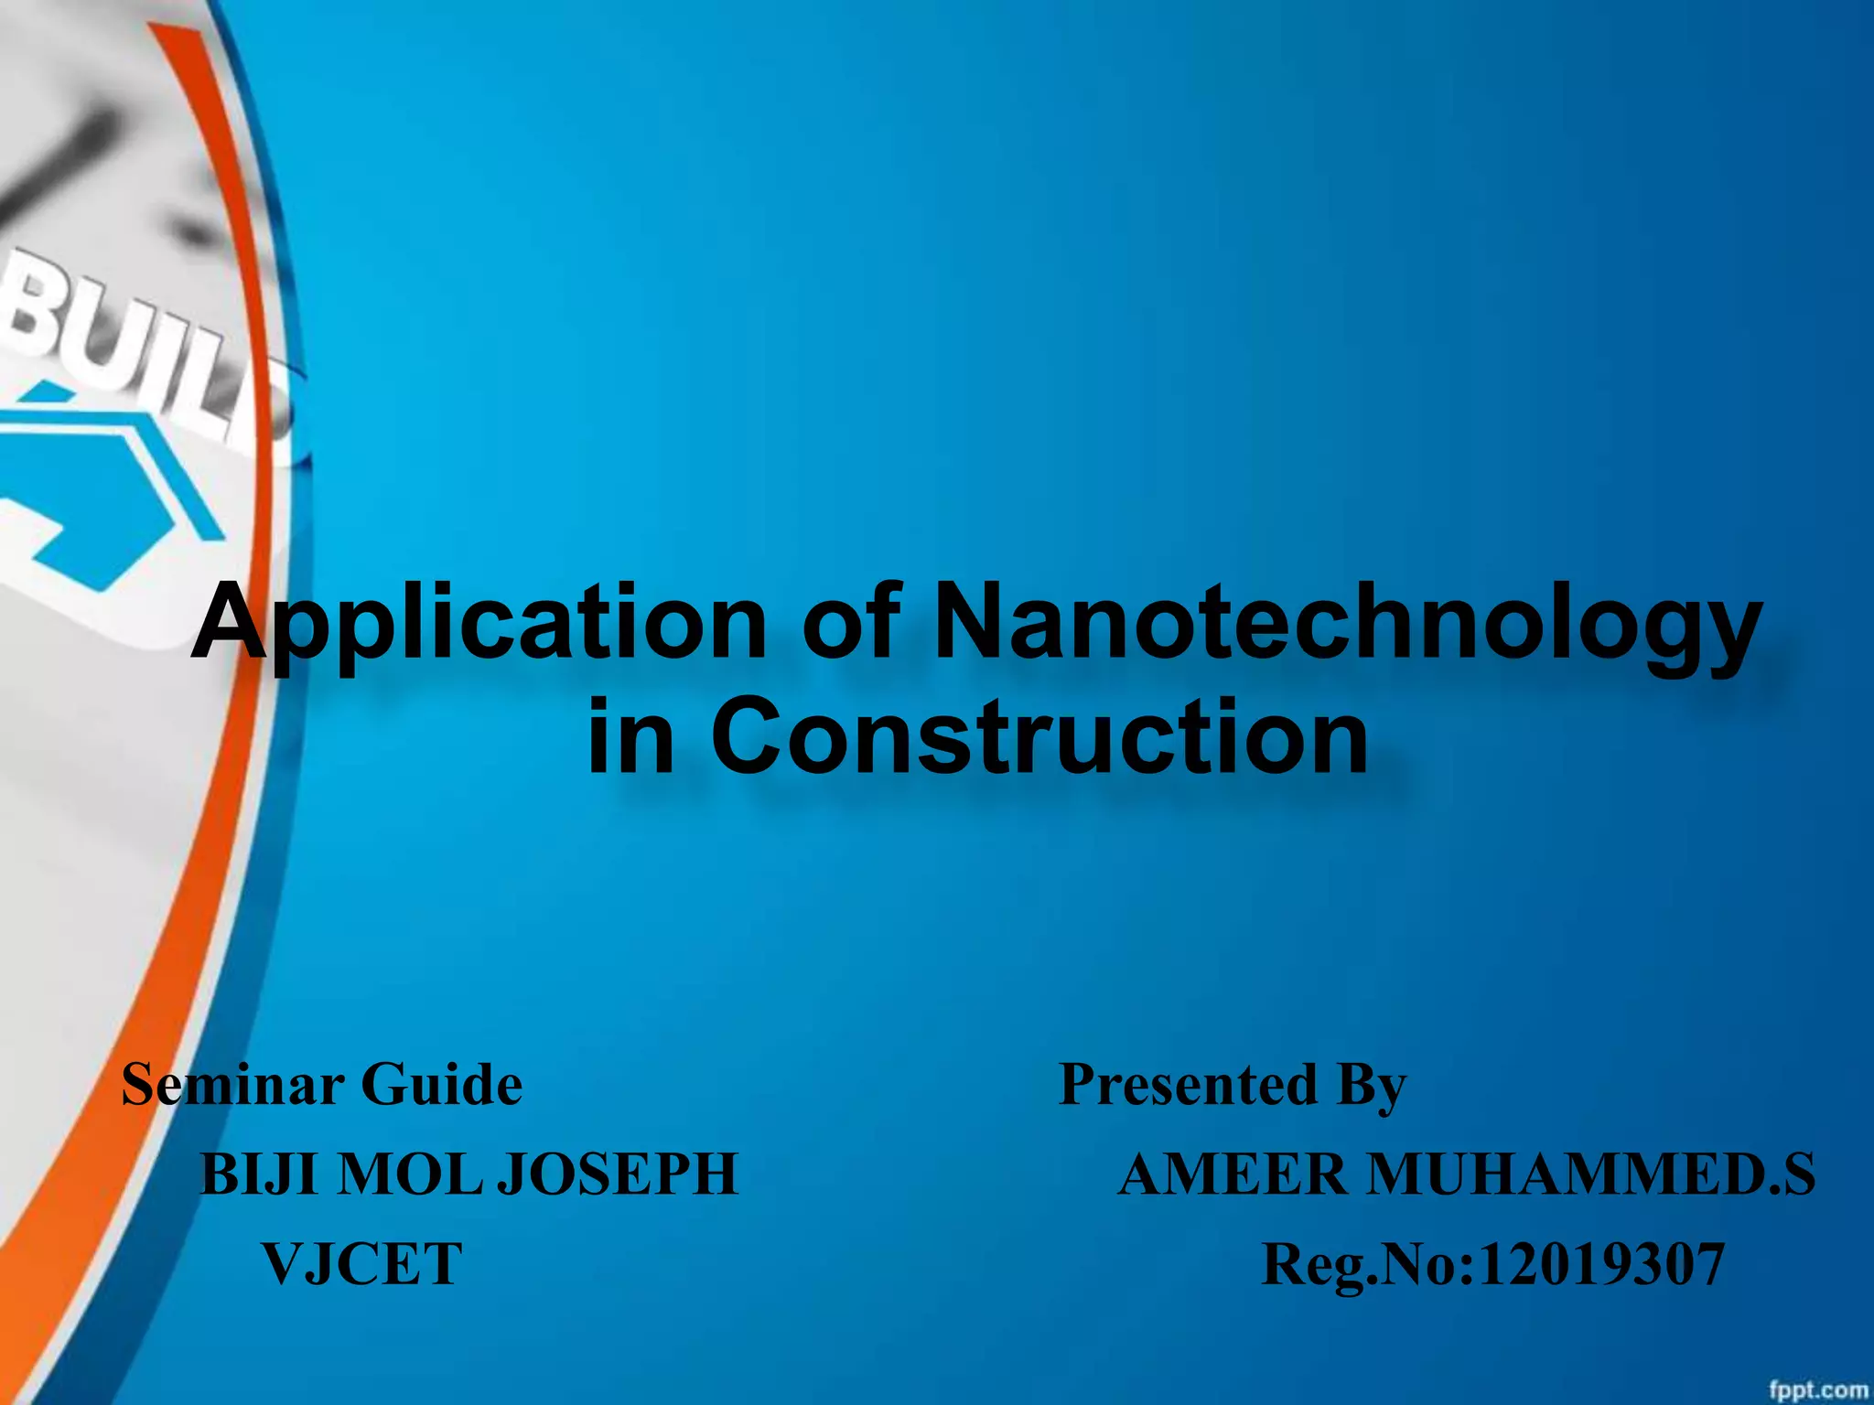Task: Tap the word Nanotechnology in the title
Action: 1345,624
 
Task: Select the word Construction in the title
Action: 1039,737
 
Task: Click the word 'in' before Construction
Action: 630,737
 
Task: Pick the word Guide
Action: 442,1085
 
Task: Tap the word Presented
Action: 1188,1085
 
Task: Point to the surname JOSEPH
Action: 618,1174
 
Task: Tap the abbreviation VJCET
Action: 362,1264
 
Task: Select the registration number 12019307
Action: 1600,1264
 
